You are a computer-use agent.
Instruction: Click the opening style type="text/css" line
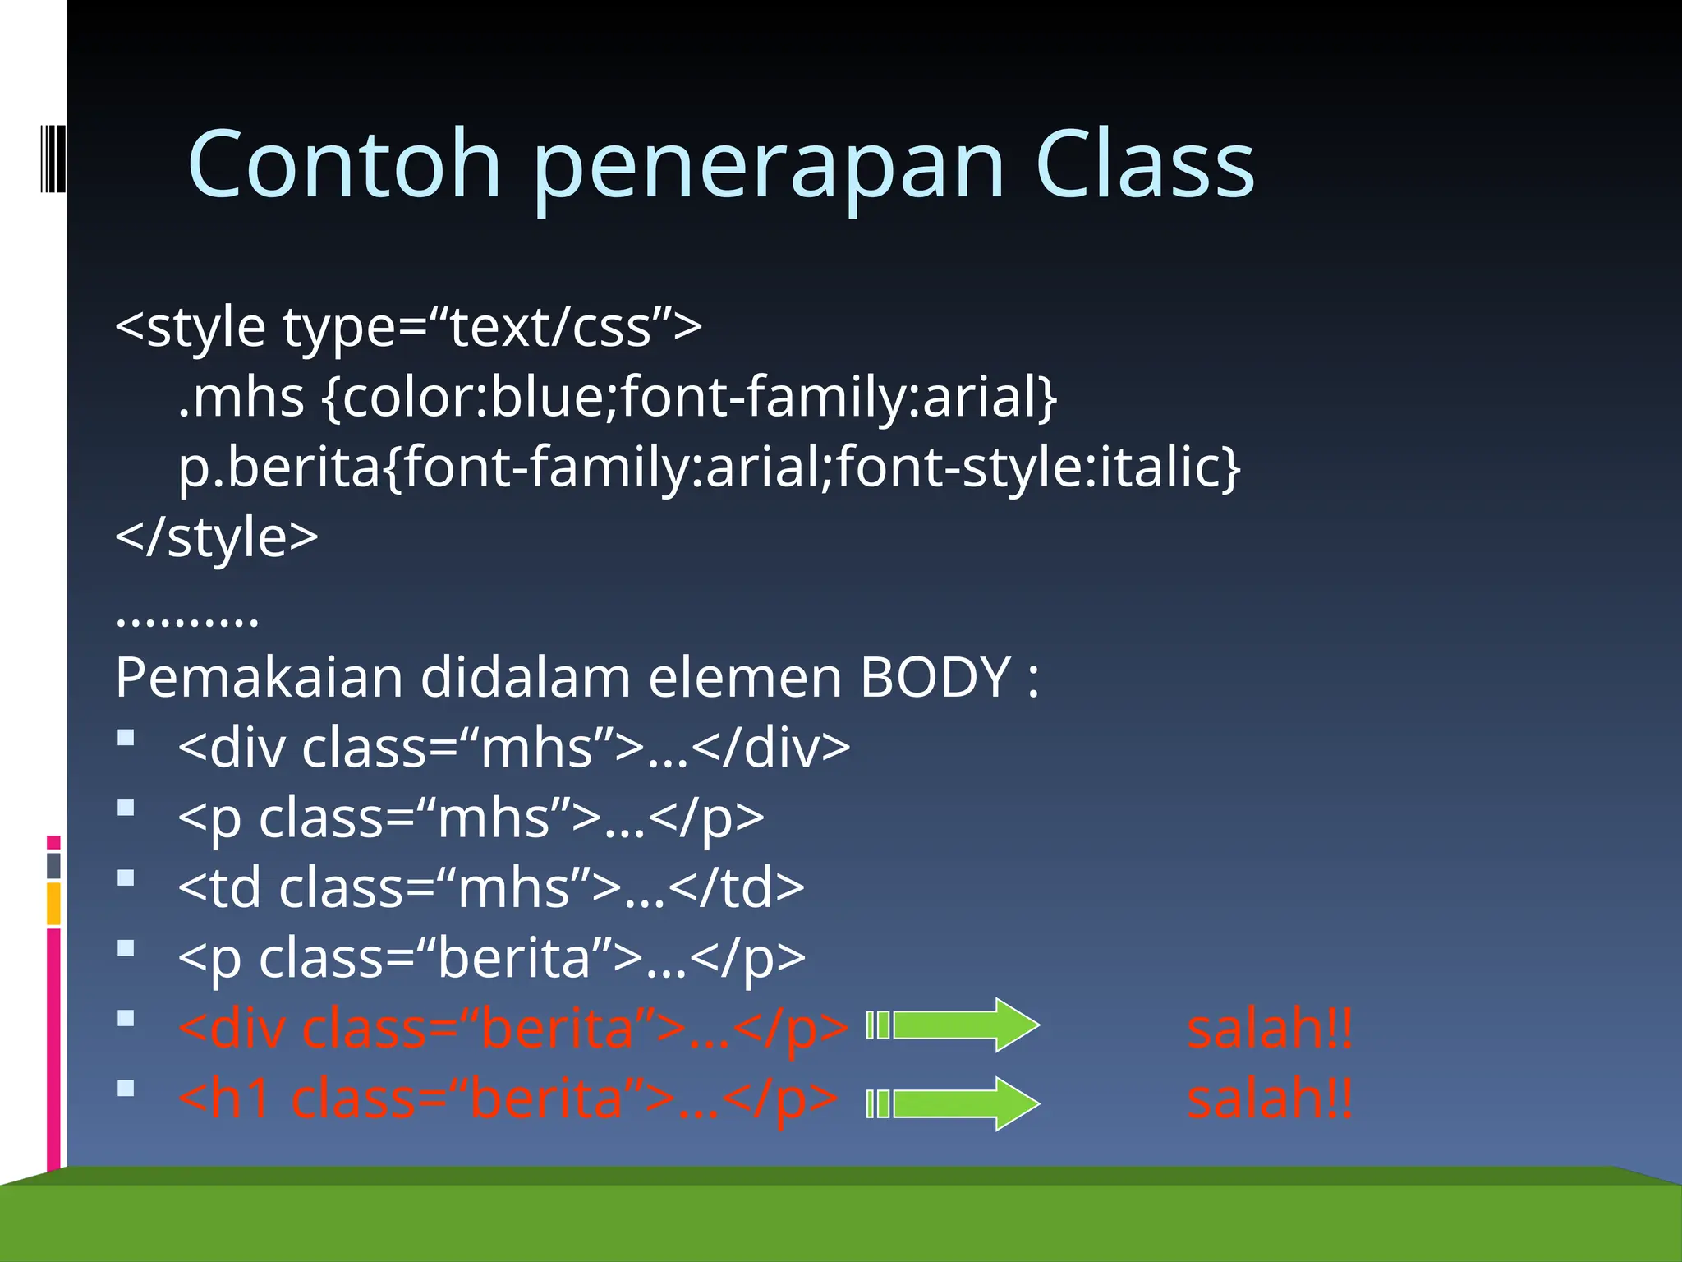[x=408, y=327]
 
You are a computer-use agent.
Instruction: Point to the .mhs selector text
[x=241, y=398]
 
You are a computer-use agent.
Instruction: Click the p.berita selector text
[x=279, y=467]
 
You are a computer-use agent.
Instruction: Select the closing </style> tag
[x=216, y=537]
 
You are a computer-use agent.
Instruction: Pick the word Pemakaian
[x=259, y=678]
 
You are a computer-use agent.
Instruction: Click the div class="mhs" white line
[x=513, y=748]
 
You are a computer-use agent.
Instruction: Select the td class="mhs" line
[x=490, y=888]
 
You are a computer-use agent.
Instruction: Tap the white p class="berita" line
[x=491, y=958]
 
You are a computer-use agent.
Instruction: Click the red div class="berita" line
[x=513, y=1028]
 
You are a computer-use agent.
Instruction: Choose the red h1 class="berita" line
[x=508, y=1098]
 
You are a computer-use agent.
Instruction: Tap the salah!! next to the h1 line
[x=1270, y=1098]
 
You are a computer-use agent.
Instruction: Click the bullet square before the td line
[x=126, y=878]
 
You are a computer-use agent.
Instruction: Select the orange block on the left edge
[x=53, y=904]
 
